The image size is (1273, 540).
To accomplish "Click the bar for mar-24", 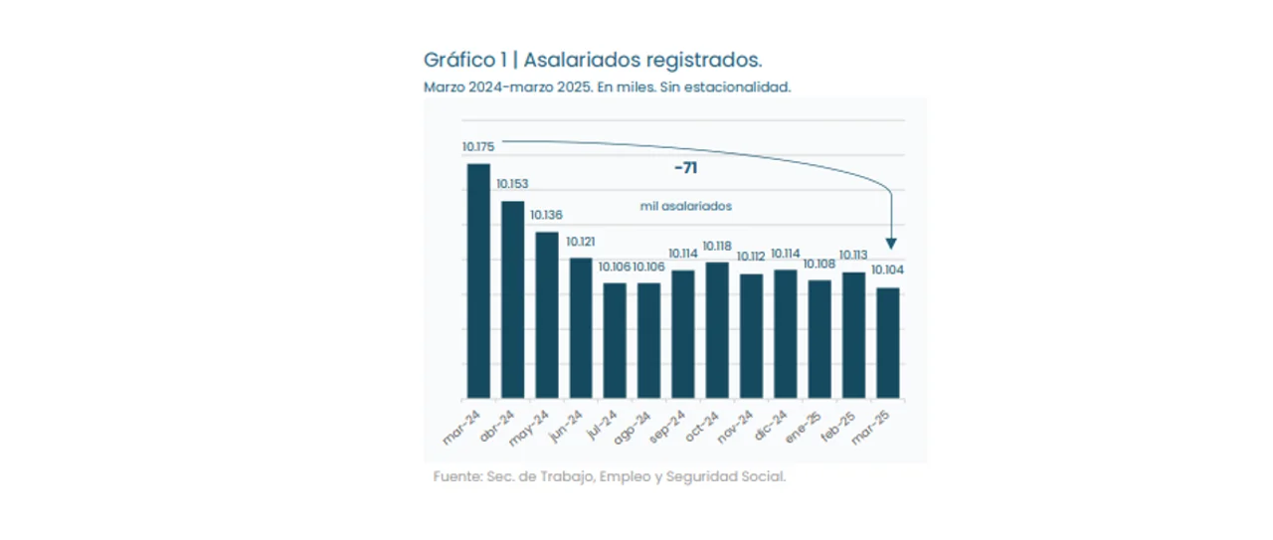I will point(478,280).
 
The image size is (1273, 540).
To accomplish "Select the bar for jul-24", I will point(615,340).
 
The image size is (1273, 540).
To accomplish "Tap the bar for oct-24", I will point(717,329).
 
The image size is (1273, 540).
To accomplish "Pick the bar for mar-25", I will point(887,342).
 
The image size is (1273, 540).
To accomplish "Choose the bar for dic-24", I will point(786,333).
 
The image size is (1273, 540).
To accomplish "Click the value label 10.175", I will point(478,147).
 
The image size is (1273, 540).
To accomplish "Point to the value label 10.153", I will point(512,184).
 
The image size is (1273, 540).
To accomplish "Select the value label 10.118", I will point(717,246).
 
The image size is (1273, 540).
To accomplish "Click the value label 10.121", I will point(580,242).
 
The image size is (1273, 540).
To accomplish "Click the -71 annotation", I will point(685,168).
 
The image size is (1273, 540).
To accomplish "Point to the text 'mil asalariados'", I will point(685,207).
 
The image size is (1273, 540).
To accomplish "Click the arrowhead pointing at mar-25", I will point(892,243).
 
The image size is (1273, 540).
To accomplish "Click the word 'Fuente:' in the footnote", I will point(457,477).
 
